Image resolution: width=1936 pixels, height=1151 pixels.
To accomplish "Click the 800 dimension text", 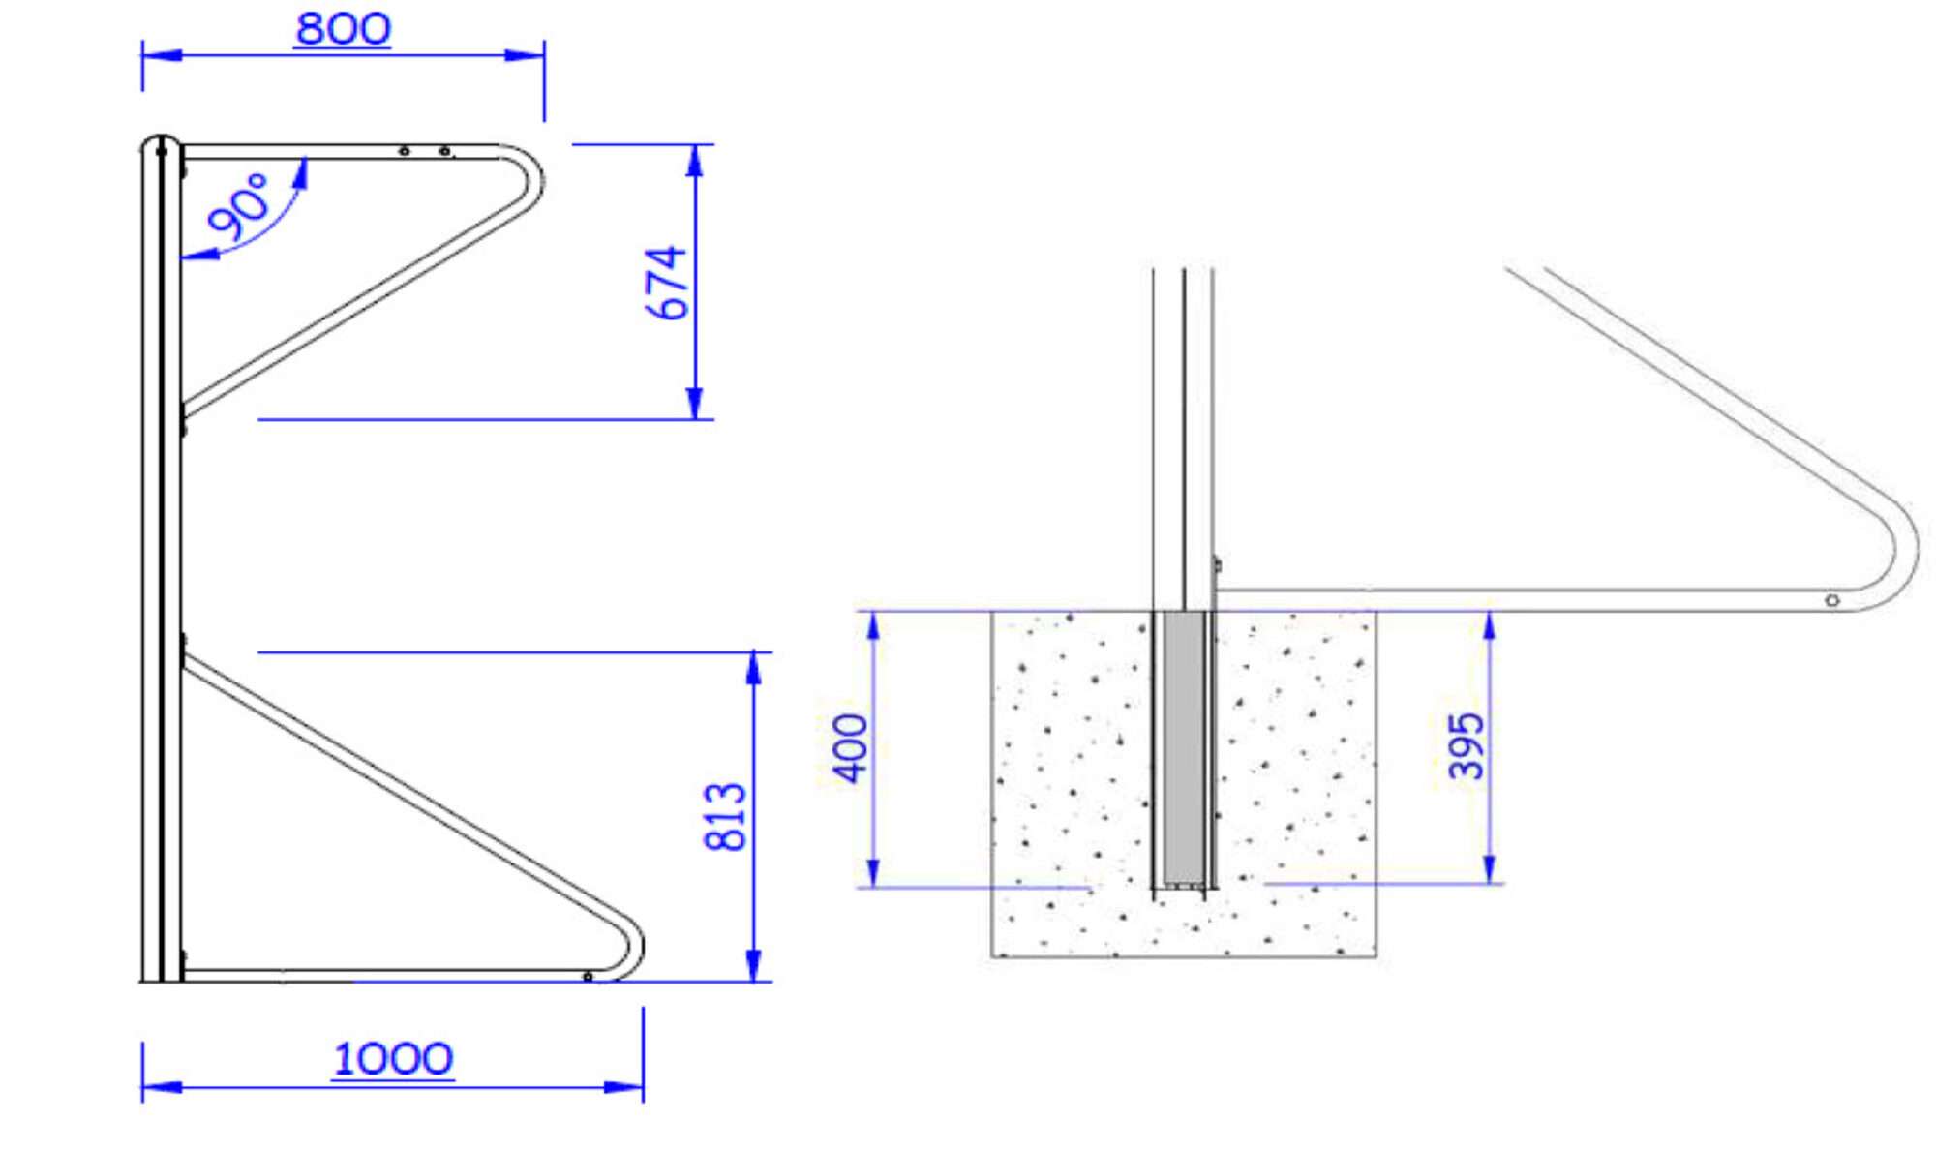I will (x=343, y=28).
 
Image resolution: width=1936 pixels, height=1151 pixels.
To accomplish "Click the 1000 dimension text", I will (x=392, y=1058).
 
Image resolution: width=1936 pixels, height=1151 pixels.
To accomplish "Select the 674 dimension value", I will (x=666, y=282).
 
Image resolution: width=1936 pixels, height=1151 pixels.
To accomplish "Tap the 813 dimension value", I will (x=725, y=817).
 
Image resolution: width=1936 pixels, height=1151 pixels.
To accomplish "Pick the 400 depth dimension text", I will (x=851, y=748).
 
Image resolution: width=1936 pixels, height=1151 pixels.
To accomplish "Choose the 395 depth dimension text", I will (x=1466, y=745).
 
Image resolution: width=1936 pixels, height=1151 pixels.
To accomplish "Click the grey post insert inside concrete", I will (x=1183, y=747).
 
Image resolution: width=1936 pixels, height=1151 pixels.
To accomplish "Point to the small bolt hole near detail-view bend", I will (x=1831, y=601).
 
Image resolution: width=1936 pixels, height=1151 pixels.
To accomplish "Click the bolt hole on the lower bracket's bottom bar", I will (x=588, y=977).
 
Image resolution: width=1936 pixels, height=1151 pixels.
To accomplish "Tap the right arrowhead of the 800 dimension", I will (x=528, y=55).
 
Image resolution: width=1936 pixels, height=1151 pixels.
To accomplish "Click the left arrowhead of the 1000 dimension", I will (x=160, y=1087).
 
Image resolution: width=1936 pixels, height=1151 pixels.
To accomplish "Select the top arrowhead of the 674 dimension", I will (x=694, y=161).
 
